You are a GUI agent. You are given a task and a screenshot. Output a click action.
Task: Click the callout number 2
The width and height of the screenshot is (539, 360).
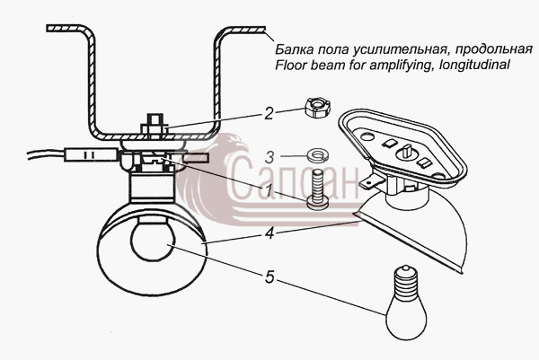coord(269,113)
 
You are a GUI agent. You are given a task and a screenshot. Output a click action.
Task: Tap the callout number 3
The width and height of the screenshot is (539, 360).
coord(269,157)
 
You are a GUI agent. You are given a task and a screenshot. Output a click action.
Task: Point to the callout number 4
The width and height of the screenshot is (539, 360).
coord(269,233)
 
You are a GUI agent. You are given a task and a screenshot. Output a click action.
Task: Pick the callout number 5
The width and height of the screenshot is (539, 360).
coord(269,277)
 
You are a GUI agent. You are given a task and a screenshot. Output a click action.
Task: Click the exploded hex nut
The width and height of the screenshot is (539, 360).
coord(317,107)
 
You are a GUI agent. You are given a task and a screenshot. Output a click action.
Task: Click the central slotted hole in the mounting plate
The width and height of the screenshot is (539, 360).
coord(406,153)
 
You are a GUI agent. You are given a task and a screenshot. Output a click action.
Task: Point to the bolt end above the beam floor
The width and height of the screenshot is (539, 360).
coord(154,120)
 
